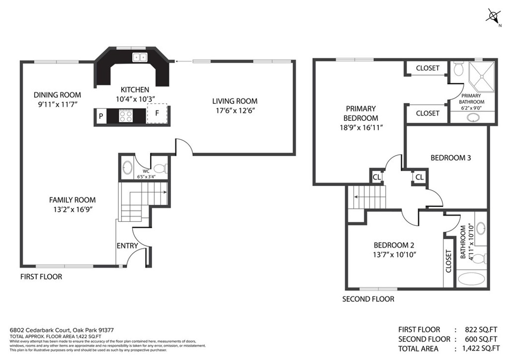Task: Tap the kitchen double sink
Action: tap(140, 57)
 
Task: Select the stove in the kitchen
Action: tap(125, 116)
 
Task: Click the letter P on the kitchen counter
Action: tap(101, 116)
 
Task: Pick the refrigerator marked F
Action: tap(157, 113)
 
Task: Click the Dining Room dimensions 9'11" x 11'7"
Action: tap(57, 104)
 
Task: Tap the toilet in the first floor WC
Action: tap(160, 168)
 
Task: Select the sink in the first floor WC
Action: tap(127, 168)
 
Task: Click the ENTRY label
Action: tap(127, 246)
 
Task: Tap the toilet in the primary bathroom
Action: tap(458, 69)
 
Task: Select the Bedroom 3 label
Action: tap(450, 158)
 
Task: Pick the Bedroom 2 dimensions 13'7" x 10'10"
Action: tap(394, 254)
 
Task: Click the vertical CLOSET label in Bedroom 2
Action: tap(448, 262)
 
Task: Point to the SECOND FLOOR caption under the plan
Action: tap(368, 299)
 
